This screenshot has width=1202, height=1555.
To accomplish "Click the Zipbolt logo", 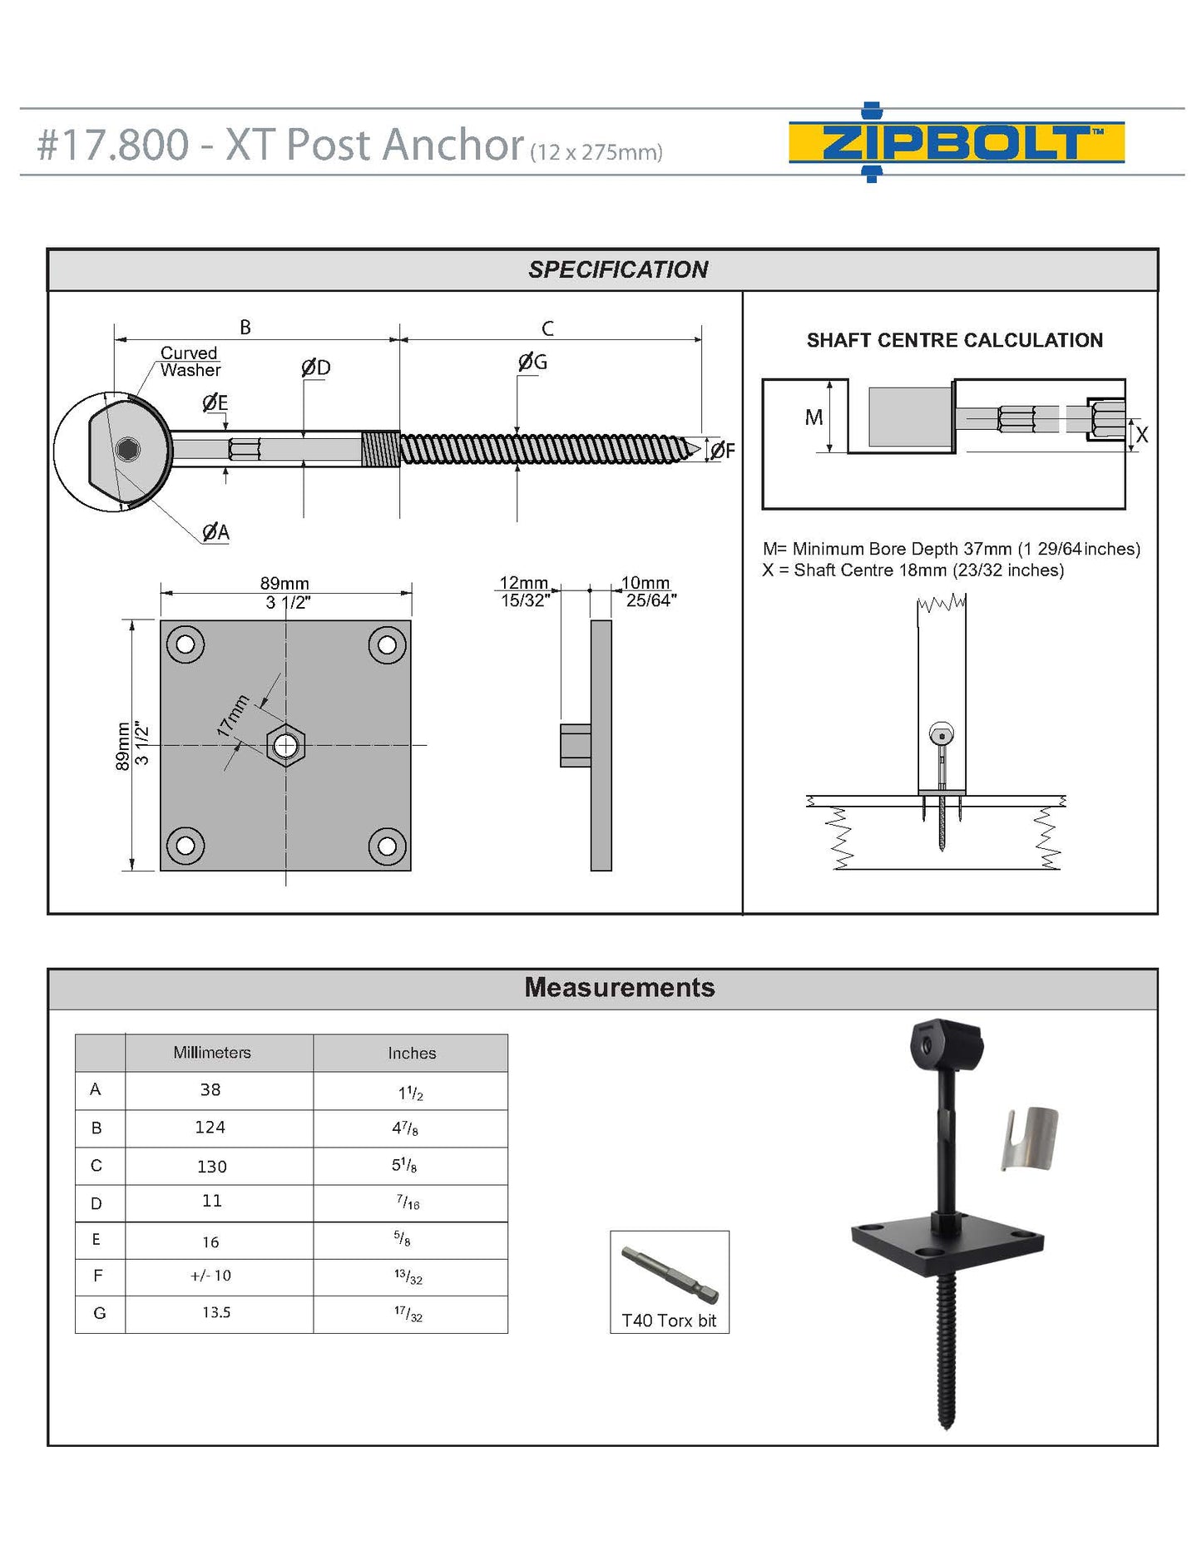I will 956,142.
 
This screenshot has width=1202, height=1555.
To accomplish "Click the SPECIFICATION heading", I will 618,269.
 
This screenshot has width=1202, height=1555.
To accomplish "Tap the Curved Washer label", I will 190,362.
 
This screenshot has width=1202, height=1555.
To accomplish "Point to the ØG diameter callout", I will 532,362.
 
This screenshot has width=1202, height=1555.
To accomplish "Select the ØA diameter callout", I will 215,532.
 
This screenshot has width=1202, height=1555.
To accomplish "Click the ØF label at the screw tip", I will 722,451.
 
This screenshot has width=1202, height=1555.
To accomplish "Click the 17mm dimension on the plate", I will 233,715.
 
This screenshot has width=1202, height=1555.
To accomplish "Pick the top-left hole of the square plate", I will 185,644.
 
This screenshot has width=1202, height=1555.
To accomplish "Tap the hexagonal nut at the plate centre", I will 285,745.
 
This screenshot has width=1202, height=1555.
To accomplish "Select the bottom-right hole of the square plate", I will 387,846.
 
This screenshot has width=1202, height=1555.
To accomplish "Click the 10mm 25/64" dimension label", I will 649,591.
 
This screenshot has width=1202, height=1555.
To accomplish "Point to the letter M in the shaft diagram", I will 814,417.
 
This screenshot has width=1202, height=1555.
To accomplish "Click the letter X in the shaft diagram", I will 1142,435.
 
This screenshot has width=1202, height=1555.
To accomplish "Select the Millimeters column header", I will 211,1053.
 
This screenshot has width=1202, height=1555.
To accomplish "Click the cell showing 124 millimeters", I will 210,1128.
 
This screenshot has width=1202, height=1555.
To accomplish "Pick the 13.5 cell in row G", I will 216,1313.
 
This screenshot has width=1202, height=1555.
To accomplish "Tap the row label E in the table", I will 96,1240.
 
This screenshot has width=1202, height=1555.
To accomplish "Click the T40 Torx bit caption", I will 669,1321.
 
